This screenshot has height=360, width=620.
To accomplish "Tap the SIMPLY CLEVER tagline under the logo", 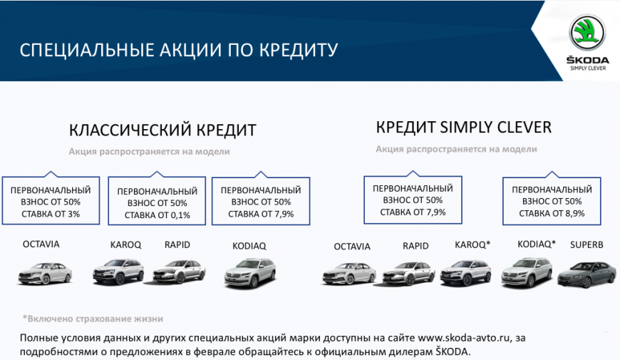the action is click(x=588, y=68).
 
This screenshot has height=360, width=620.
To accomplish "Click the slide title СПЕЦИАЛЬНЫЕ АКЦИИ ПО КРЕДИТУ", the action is click(x=179, y=50).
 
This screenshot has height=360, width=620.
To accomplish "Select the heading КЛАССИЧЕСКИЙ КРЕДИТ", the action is click(x=162, y=130).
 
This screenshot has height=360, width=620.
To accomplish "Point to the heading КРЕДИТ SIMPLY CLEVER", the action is click(x=463, y=128).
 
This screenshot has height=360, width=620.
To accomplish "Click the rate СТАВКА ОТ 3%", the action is click(x=51, y=214).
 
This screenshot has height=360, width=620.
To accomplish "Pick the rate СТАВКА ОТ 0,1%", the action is click(x=157, y=215).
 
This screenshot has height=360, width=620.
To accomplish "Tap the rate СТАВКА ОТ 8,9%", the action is click(x=552, y=214).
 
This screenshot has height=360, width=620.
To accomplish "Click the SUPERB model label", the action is click(x=587, y=245).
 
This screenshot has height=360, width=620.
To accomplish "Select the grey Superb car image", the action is click(x=587, y=274).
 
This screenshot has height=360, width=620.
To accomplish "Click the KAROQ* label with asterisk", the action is click(x=472, y=245).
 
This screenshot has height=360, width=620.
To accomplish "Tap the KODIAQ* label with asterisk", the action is click(x=536, y=245).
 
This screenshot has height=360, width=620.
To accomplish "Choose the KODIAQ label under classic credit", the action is click(x=249, y=246).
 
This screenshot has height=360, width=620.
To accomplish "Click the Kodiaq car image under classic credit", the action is click(x=250, y=272).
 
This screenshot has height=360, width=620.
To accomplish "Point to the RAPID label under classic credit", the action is click(x=177, y=245).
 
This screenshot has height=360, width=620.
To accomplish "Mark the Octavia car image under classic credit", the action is click(x=45, y=273).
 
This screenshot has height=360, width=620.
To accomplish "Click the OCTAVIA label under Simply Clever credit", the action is click(x=352, y=247).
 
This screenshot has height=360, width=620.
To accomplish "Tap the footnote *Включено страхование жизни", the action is click(x=93, y=319).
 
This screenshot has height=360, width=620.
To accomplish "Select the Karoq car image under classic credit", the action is click(x=118, y=272).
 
